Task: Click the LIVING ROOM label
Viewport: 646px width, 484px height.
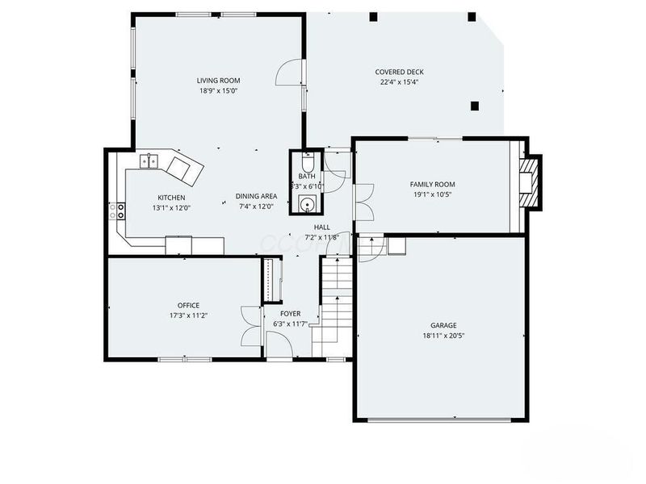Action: pyautogui.click(x=219, y=81)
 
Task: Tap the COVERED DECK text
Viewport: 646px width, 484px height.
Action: pyautogui.click(x=399, y=72)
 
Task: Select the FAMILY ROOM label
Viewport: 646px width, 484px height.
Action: pyautogui.click(x=433, y=184)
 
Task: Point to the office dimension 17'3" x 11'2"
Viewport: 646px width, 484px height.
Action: pyautogui.click(x=188, y=315)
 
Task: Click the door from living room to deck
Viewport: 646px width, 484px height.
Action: pyautogui.click(x=289, y=74)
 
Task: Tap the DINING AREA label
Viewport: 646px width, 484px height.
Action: pyautogui.click(x=256, y=196)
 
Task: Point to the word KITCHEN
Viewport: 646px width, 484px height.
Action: pyautogui.click(x=171, y=198)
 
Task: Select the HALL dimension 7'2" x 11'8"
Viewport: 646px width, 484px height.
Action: pyautogui.click(x=322, y=237)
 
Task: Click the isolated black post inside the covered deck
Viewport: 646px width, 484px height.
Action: pyautogui.click(x=474, y=105)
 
